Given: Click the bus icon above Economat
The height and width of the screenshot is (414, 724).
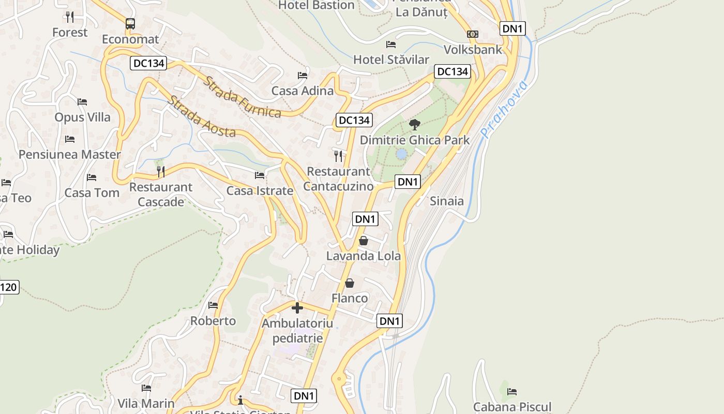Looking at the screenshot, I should (x=130, y=23).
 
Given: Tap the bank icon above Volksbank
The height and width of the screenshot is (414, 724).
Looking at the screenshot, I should (x=472, y=34).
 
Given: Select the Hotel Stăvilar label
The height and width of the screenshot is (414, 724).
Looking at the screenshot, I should (x=391, y=60).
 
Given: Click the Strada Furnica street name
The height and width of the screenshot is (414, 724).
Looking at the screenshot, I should (x=242, y=97).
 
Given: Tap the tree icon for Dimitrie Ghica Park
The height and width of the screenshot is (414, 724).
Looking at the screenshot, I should (x=414, y=124).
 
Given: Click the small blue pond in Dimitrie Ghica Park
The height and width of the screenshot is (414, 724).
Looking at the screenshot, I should (x=401, y=154).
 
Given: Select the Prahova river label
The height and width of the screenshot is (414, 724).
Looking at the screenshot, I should (x=504, y=109).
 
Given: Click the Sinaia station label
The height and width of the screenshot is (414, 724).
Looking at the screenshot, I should (x=447, y=201).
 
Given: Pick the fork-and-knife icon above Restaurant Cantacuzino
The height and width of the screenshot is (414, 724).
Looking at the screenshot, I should (x=338, y=156).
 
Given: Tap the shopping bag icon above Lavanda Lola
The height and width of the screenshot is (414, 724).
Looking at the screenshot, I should (x=364, y=241).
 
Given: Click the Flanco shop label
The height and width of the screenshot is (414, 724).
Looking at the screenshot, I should (x=350, y=298).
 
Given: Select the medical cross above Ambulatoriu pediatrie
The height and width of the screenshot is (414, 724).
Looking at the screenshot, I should (x=297, y=308).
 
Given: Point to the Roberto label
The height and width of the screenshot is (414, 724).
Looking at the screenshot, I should (x=213, y=321).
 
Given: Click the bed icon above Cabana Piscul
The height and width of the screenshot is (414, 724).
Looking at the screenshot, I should (x=512, y=391).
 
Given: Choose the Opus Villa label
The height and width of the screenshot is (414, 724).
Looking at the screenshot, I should (x=83, y=117).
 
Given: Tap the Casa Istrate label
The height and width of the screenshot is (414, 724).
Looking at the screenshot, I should (x=260, y=191).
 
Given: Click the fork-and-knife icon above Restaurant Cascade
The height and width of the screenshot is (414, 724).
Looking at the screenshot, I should (x=161, y=171).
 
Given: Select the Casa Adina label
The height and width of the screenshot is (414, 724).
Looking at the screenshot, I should (x=303, y=91).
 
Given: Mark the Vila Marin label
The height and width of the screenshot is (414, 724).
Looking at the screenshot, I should (x=146, y=403).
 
